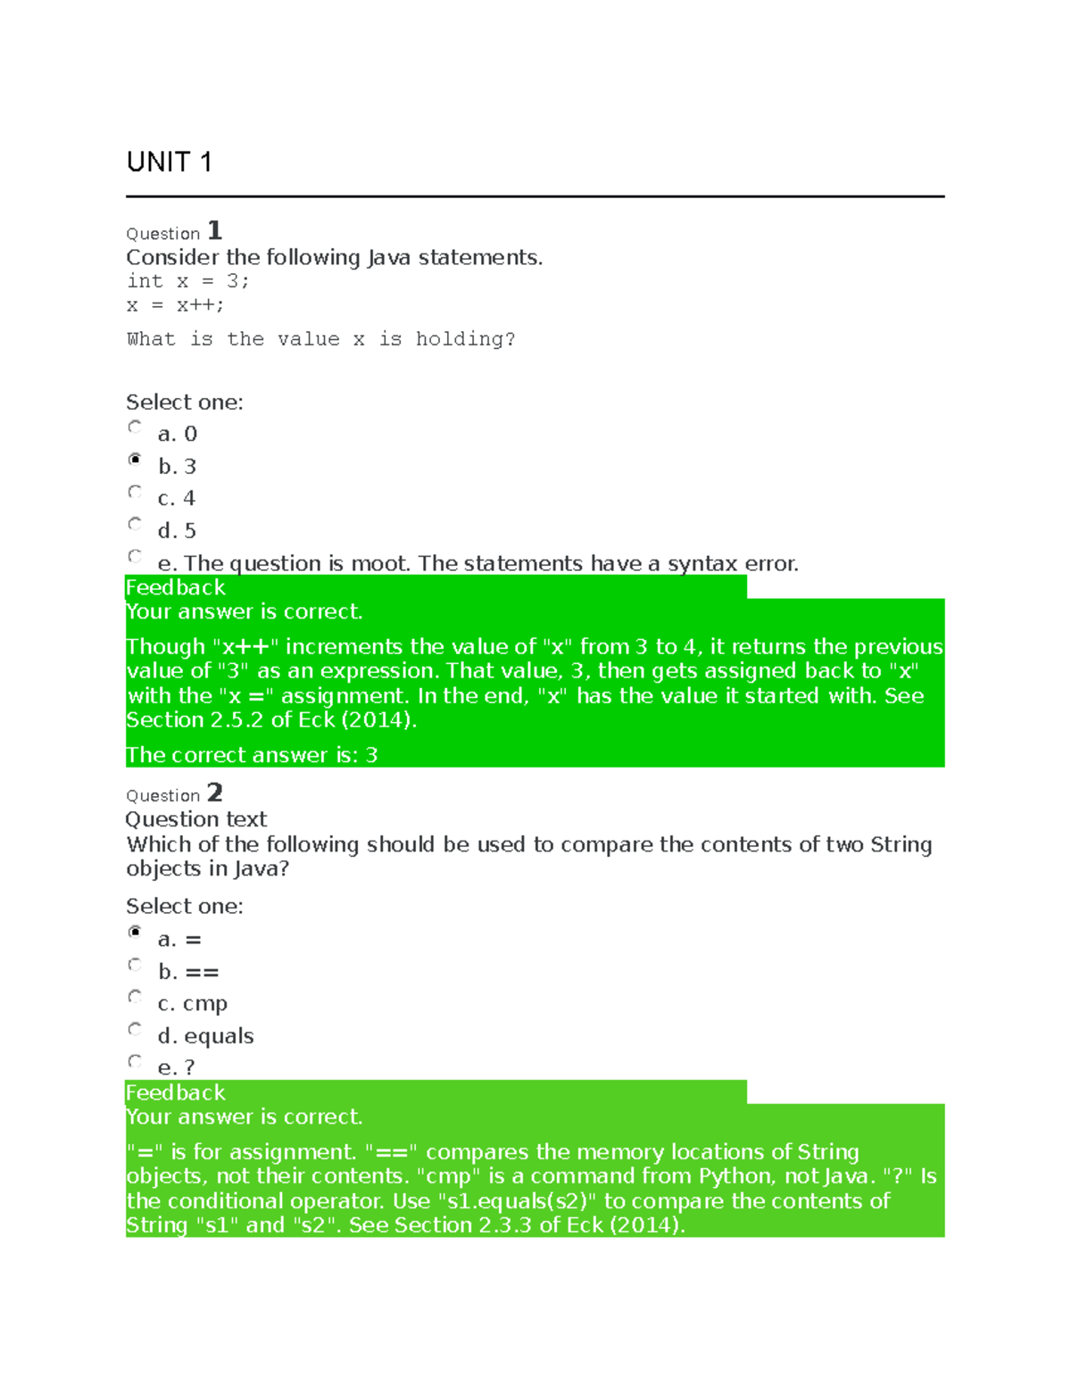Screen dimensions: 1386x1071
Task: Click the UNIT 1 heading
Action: (x=169, y=162)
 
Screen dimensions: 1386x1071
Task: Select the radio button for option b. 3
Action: (x=135, y=460)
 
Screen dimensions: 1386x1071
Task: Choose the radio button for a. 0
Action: (x=135, y=427)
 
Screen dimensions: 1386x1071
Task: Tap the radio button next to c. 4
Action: (x=135, y=492)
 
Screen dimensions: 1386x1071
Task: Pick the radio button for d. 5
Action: (x=135, y=524)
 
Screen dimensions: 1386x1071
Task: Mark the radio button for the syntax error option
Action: (x=135, y=556)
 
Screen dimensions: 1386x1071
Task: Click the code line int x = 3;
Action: (x=187, y=281)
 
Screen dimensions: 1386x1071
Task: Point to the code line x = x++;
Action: (x=175, y=305)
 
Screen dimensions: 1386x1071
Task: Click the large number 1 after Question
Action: (x=214, y=231)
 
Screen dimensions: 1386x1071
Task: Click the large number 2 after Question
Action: (x=214, y=793)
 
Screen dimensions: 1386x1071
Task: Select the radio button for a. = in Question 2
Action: (x=135, y=933)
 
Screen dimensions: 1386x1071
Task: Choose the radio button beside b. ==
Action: (x=135, y=965)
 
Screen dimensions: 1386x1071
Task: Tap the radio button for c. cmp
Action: (x=135, y=997)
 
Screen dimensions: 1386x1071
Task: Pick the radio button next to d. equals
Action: (x=135, y=1029)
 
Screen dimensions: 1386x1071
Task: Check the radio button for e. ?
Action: (x=135, y=1061)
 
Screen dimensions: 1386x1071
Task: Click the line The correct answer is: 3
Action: (x=252, y=755)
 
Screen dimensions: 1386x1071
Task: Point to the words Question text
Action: (x=196, y=819)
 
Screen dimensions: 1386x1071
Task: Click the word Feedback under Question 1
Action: (x=176, y=587)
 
